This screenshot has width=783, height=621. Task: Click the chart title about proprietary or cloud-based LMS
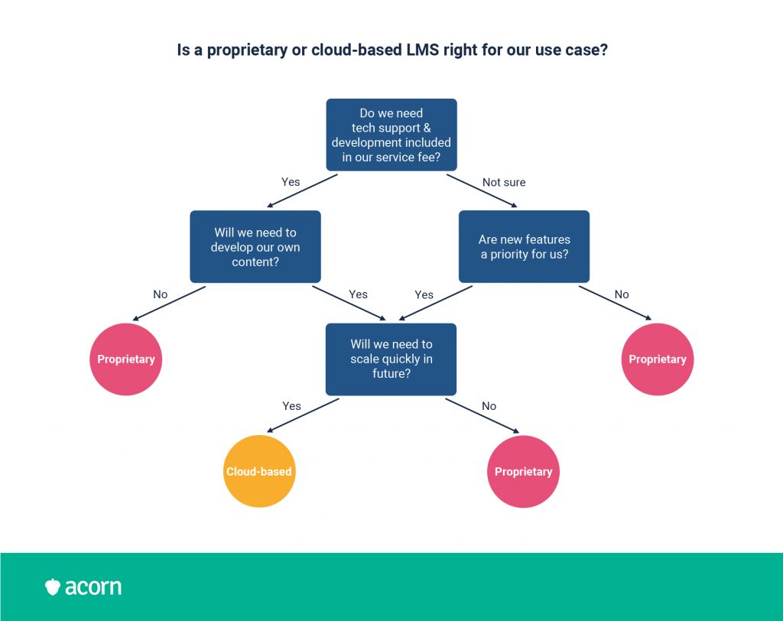tap(392, 50)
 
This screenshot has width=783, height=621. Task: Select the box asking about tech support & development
tap(391, 135)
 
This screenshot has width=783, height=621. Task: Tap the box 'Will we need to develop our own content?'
tap(255, 247)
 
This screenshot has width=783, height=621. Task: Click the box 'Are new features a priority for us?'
tap(524, 247)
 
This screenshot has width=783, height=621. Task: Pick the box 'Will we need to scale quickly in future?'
tap(391, 359)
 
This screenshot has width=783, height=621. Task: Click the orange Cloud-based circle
tap(259, 471)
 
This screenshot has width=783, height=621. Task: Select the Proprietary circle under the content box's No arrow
tap(126, 359)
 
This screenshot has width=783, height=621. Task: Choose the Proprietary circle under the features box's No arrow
tap(658, 359)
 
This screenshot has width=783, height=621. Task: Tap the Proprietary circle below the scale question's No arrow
tap(523, 472)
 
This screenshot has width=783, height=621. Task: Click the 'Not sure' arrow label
tap(504, 182)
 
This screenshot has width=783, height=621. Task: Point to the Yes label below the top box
tap(291, 182)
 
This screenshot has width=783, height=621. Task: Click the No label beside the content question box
tap(161, 294)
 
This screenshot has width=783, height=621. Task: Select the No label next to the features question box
tap(622, 294)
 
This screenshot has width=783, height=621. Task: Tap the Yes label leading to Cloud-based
tap(291, 406)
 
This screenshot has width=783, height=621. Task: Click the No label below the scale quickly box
tap(489, 406)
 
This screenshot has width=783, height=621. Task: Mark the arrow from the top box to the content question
tap(302, 191)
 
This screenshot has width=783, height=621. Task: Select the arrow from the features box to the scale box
tap(435, 304)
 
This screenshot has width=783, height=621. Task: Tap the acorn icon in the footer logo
tap(53, 587)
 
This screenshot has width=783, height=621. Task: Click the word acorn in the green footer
tap(93, 587)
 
